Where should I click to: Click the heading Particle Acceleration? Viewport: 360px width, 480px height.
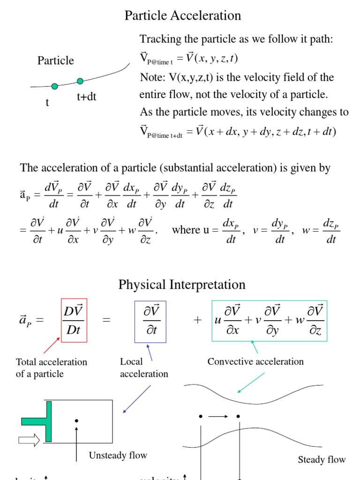[182, 15]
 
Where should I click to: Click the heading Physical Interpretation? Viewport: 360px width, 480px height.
[182, 285]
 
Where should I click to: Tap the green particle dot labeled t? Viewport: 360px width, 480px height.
[55, 86]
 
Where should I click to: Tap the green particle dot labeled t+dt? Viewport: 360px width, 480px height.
[80, 81]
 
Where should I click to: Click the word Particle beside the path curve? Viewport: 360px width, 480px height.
[56, 60]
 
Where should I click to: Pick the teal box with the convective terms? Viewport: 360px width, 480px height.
[269, 321]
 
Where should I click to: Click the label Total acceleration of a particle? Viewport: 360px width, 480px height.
[51, 367]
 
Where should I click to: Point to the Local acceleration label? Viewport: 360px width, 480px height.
[143, 367]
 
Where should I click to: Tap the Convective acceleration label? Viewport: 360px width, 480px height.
[255, 361]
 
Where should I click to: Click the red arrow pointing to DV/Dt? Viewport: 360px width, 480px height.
[52, 345]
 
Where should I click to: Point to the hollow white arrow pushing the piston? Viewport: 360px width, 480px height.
[30, 440]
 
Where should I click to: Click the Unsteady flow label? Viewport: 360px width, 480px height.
[118, 455]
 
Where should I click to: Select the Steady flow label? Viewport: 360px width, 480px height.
[322, 459]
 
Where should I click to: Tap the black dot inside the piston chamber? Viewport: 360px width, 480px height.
[76, 421]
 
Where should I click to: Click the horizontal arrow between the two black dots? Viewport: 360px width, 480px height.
[219, 416]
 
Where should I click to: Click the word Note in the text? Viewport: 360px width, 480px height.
[150, 77]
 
